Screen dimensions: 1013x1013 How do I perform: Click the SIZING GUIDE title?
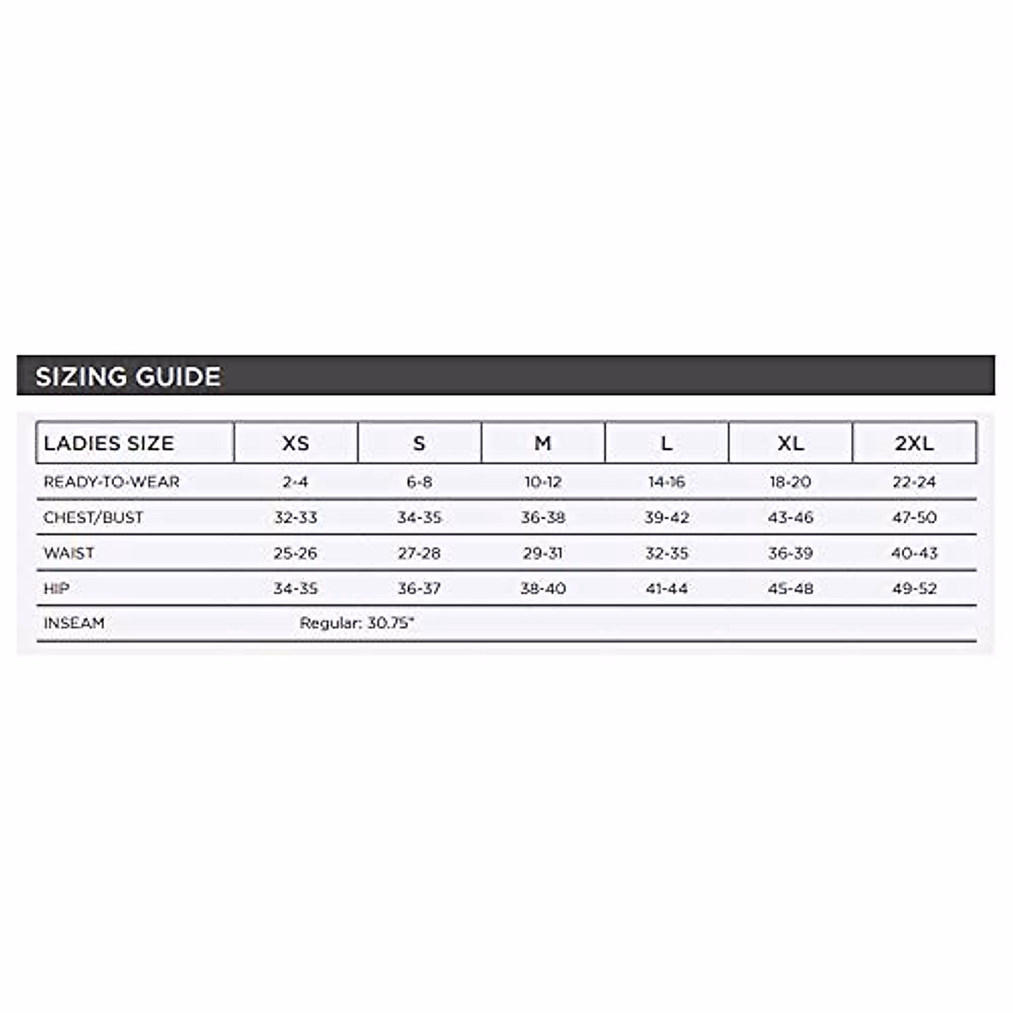tap(128, 376)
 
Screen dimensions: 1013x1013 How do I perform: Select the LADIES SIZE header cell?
tap(109, 443)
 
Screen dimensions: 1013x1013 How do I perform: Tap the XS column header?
tap(295, 443)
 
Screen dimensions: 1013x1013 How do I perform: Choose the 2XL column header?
tap(914, 443)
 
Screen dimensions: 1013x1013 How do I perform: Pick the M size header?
tap(543, 443)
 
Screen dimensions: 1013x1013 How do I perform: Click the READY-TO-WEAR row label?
tap(111, 482)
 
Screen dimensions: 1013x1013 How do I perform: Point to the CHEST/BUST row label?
tap(93, 517)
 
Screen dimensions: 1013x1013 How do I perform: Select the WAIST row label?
tap(68, 553)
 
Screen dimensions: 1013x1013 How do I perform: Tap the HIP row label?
tap(57, 588)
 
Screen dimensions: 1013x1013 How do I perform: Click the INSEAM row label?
tap(74, 623)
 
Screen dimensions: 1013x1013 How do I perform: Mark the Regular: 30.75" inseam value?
tap(357, 623)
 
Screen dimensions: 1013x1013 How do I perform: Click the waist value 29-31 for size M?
tap(543, 553)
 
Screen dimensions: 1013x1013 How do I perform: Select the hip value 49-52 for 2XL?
tap(914, 588)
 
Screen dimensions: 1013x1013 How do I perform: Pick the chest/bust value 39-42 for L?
tap(667, 517)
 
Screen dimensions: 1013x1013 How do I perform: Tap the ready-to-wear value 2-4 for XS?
tap(295, 482)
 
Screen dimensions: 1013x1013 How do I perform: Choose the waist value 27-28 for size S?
tap(420, 553)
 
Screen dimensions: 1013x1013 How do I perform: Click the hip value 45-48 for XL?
tap(790, 588)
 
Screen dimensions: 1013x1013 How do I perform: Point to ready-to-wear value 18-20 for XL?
tap(790, 482)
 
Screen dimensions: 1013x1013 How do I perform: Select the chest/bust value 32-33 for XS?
tap(295, 517)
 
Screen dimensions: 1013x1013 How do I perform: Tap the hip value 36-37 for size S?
tap(420, 588)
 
